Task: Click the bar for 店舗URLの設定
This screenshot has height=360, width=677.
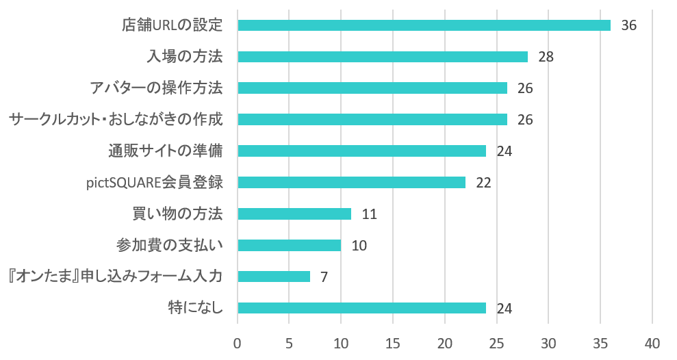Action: coord(424,25)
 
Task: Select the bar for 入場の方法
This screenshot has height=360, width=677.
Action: coord(383,57)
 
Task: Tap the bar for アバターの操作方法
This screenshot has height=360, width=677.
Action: coord(372,88)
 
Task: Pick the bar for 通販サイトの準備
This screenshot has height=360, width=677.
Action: coord(361,151)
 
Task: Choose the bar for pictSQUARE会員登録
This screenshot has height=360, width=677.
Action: coord(351,183)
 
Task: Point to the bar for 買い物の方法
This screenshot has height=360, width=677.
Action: coord(294,214)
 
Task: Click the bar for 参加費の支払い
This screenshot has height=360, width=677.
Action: coord(289,245)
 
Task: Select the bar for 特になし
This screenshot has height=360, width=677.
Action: coord(361,308)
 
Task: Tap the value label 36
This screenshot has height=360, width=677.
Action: coord(628,25)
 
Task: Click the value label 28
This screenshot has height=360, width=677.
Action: coord(546,57)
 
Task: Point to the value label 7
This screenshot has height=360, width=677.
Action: coord(324,277)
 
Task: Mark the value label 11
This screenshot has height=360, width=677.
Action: coord(370,214)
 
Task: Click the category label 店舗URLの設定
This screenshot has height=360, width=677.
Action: coord(173,25)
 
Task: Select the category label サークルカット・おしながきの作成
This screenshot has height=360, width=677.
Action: coord(116,120)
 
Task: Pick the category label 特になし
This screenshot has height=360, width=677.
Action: coord(196,308)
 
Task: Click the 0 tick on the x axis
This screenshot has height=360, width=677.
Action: coord(238,342)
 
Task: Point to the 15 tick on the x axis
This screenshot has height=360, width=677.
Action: coord(393,342)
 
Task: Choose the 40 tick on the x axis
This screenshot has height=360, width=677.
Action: coord(652,342)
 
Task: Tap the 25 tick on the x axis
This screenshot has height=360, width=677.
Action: coord(496,342)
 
